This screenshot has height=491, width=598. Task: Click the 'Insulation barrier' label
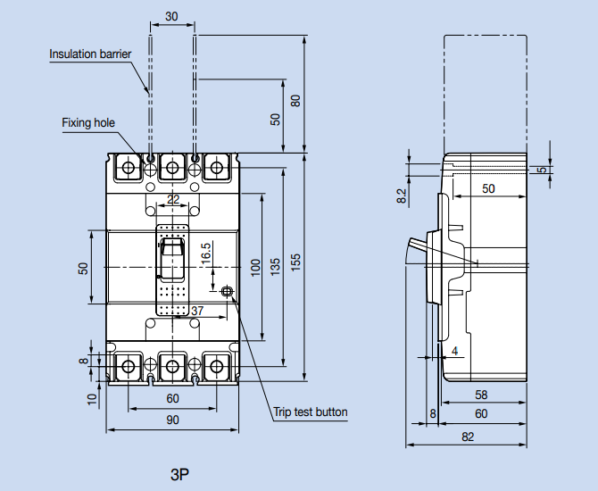coord(90,54)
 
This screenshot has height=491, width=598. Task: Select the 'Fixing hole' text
coord(88,122)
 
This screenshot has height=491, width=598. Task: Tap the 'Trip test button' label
coord(310,412)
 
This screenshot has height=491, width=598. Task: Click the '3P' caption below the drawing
coord(181,470)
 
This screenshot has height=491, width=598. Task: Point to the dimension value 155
coord(295,264)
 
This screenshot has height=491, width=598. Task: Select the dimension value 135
coord(275,266)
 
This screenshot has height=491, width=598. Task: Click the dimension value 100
coord(254,267)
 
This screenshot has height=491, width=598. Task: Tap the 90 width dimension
coord(172,420)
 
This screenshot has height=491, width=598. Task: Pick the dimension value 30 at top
coord(171,16)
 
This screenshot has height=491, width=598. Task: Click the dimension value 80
coord(295,99)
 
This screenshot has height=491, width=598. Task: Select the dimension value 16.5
coord(206,254)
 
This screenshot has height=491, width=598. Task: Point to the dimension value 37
coord(197,311)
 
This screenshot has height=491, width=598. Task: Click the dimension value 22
coord(173,198)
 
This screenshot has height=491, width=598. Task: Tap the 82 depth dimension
coord(468,437)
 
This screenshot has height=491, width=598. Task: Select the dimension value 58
coord(481,395)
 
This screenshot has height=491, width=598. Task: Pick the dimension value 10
coord(93,399)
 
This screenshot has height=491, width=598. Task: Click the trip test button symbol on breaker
coord(227,291)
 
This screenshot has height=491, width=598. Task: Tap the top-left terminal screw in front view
coord(129,167)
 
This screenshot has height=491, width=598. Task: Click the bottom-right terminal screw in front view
coord(216,365)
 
